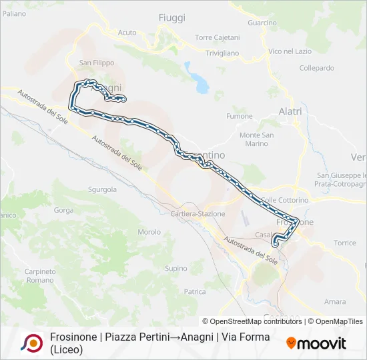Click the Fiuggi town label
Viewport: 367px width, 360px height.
(x=171, y=18)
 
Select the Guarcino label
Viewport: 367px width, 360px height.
(x=262, y=23)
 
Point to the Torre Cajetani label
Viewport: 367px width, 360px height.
(x=217, y=37)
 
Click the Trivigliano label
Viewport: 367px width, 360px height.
(x=222, y=53)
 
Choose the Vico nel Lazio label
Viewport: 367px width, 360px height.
(x=290, y=51)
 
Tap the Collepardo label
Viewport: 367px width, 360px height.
(x=316, y=68)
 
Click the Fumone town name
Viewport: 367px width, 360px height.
(x=240, y=116)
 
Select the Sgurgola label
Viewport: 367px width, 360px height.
(x=102, y=189)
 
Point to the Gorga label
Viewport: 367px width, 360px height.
(x=64, y=210)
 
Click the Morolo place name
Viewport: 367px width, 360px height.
(x=149, y=232)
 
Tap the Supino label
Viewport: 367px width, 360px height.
(x=176, y=269)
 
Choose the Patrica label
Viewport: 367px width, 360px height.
(x=195, y=291)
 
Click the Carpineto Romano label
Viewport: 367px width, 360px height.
(x=40, y=275)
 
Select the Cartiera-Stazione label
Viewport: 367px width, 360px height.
(x=198, y=213)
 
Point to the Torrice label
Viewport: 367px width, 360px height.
(x=345, y=243)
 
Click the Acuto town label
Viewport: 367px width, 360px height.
(x=127, y=32)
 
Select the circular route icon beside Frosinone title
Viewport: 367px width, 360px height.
(x=31, y=343)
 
